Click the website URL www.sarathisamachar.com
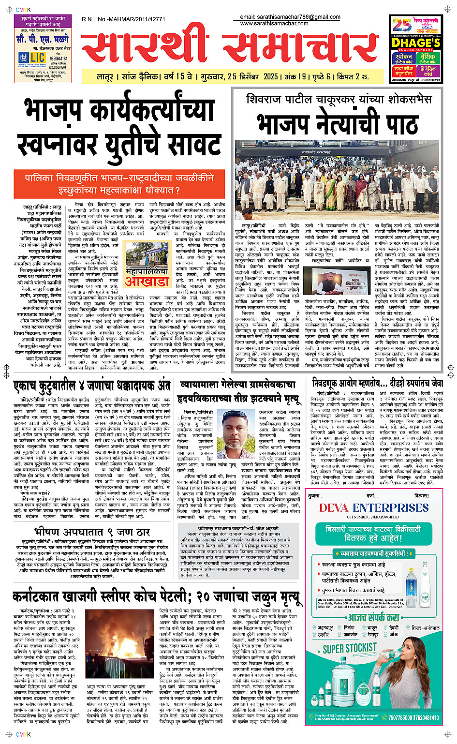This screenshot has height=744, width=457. click(274, 23)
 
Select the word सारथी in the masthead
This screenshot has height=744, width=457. click(145, 48)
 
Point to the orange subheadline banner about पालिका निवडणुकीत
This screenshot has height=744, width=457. click(119, 184)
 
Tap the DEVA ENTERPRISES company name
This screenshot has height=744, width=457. click(374, 508)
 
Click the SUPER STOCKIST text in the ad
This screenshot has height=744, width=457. click(350, 648)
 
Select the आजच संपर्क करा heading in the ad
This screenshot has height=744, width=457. click(374, 617)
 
